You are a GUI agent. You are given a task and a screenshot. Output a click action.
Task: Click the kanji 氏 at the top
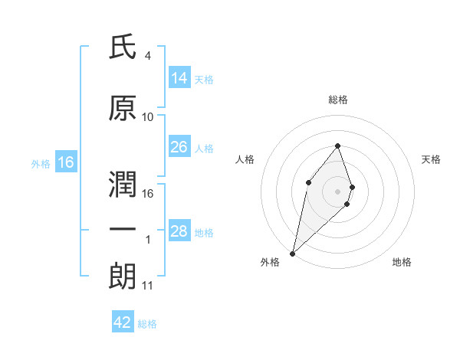123,49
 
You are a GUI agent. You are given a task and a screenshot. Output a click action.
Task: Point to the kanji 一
123,230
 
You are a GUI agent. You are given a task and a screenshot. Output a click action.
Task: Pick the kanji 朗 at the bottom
123,274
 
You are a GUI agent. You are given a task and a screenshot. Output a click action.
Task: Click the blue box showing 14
179,78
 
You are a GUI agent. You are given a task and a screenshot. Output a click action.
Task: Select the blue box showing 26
179,147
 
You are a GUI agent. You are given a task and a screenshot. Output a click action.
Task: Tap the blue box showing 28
179,231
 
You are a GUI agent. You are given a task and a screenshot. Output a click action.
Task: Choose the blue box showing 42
123,322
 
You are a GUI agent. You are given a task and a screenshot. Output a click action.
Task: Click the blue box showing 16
65,162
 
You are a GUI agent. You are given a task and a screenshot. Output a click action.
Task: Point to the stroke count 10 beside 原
148,117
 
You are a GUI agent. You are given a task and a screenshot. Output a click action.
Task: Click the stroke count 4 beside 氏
147,56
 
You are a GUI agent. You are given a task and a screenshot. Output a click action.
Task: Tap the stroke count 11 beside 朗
148,286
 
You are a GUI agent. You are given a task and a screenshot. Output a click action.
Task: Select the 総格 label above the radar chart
337,100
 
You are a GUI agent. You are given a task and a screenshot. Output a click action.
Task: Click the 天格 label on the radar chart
432,159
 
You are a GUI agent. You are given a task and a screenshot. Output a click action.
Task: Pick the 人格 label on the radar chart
245,159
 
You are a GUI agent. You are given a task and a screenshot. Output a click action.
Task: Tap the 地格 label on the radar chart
402,262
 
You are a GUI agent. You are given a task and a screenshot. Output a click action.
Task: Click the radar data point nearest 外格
292,253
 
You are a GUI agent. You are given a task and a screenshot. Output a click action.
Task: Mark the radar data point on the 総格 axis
337,146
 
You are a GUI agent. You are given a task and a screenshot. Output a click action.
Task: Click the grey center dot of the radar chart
337,191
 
